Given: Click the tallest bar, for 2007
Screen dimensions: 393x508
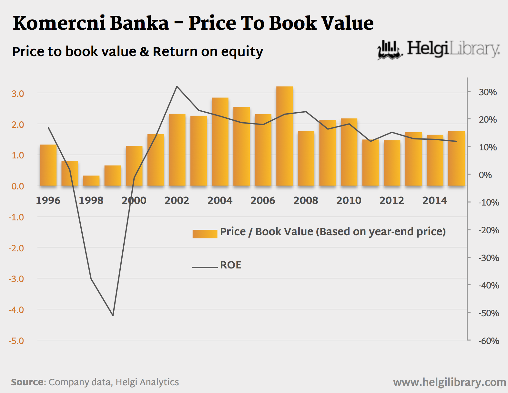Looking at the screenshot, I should coord(284,136).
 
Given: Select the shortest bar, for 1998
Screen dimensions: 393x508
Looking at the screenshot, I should coord(91,181).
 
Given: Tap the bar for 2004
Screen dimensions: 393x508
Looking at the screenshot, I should coord(220,142).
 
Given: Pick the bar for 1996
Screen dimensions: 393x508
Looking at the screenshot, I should coord(48,165).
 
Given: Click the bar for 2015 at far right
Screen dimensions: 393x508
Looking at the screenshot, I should coord(456,158).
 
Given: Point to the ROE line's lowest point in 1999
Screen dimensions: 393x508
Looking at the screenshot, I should coord(113,315).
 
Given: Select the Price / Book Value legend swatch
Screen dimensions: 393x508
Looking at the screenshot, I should coord(205,234).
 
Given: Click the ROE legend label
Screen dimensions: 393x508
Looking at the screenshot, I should coord(230,265).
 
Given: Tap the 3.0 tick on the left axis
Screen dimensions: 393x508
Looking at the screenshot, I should coord(18,94).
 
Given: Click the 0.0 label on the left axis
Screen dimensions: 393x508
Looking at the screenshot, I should coord(18,186).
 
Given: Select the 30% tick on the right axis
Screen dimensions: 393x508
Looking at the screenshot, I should coord(488,92).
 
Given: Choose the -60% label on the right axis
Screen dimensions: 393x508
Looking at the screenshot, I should coord(489,341).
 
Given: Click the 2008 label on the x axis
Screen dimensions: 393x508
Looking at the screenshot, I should coord(306,200).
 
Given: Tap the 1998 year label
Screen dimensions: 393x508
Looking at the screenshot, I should coord(91,200).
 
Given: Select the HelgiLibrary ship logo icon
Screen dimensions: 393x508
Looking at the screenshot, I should coord(390,50).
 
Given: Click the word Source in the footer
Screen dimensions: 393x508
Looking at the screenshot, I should coord(27,382).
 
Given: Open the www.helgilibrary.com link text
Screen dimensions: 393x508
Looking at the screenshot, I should coord(449,382).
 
